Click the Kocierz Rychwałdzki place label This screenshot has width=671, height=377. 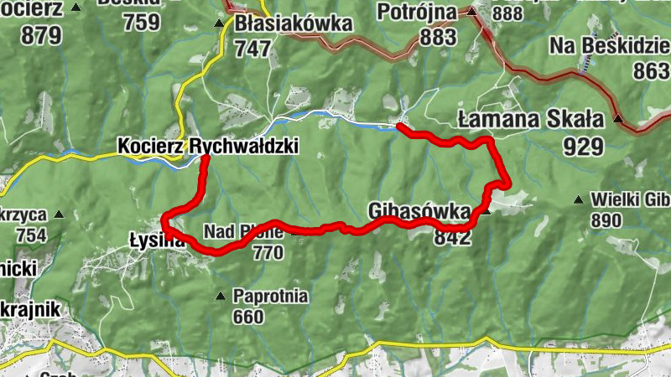[x=208, y=146]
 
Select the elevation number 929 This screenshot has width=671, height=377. [x=584, y=147]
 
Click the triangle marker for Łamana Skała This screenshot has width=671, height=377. [x=618, y=119]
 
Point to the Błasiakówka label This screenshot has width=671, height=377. [x=293, y=23]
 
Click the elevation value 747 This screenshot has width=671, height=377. [x=252, y=49]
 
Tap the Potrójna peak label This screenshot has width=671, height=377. [x=417, y=13]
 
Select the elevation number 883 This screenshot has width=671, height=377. [x=439, y=38]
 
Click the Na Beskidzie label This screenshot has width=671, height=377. [x=609, y=45]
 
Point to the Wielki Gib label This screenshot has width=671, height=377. [x=630, y=199]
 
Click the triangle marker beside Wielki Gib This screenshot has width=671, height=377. [x=578, y=199]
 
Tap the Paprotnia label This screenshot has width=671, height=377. [x=271, y=297]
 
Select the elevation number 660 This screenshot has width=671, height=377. [x=247, y=317]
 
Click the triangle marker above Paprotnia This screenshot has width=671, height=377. [x=221, y=295]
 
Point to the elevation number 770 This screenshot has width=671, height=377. [x=268, y=252]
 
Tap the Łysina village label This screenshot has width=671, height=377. [x=157, y=239]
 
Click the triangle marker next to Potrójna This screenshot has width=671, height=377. [x=471, y=13]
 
